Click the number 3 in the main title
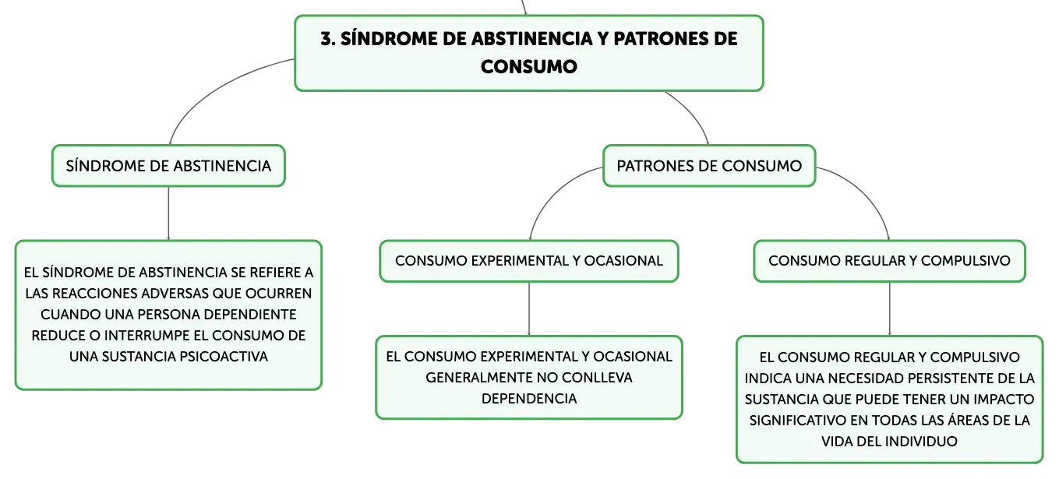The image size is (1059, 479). tap(326, 39)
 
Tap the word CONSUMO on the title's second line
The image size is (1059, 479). tap(529, 67)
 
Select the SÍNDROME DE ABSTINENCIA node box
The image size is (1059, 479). tap(168, 166)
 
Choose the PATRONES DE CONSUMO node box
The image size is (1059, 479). tap(709, 166)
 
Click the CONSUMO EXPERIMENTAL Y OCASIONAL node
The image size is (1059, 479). tap(529, 261)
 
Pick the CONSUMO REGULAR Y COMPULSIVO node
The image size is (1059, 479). tap(889, 261)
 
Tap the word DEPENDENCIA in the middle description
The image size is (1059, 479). tap(529, 399)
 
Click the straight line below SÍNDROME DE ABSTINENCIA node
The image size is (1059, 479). tap(168, 213)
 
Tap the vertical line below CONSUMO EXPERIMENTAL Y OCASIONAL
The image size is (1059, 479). tap(529, 309)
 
